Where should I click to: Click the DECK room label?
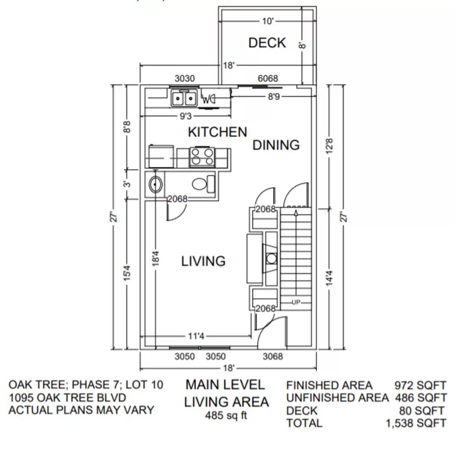point(267,43)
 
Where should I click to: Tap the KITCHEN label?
point(217,132)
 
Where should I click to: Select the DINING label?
point(276,145)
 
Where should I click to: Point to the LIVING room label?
point(203,261)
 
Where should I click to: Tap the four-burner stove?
point(202,157)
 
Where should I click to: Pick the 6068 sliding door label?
point(268,79)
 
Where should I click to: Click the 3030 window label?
point(185,79)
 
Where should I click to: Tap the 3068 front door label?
point(273,356)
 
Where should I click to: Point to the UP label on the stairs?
point(296,302)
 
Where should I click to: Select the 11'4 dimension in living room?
point(196,336)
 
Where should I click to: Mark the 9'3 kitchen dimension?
point(185,116)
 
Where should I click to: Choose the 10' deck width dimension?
point(268,21)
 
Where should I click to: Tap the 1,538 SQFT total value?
point(416,423)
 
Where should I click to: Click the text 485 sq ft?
point(226,415)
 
